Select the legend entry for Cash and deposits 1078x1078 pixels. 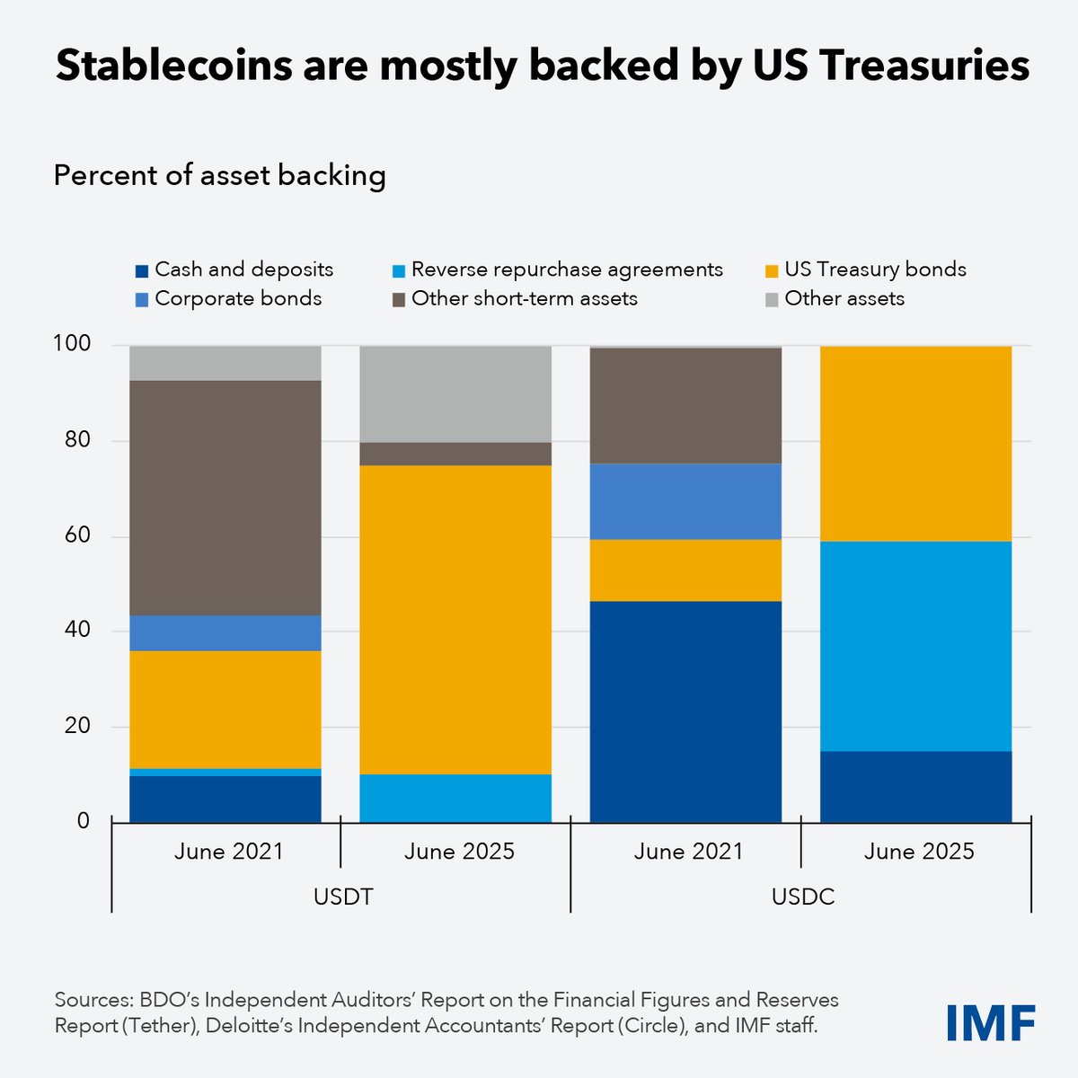click(x=234, y=269)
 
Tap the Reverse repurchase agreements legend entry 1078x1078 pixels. click(x=557, y=269)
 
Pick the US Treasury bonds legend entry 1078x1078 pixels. click(x=865, y=269)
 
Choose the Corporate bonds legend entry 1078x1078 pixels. click(x=228, y=298)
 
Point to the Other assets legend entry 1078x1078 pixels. click(x=835, y=298)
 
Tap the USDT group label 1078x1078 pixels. click(x=343, y=897)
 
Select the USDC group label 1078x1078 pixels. click(x=802, y=897)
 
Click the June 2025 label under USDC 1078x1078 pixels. click(x=918, y=852)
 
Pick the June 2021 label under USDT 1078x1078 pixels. click(x=228, y=852)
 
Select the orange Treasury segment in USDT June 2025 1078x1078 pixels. click(x=455, y=620)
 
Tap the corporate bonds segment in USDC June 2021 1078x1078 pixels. click(x=685, y=501)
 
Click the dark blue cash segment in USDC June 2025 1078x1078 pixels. click(x=916, y=786)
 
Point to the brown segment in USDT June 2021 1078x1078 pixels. click(x=225, y=498)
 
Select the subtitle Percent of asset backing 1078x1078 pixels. click(x=219, y=175)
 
